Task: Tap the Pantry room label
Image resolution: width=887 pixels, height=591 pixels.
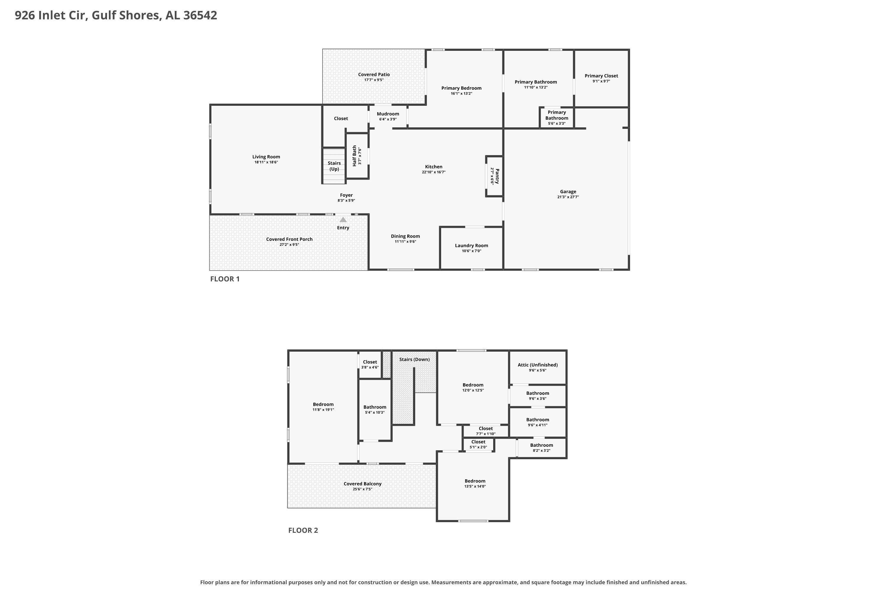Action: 497,176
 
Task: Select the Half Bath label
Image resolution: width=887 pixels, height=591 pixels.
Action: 355,156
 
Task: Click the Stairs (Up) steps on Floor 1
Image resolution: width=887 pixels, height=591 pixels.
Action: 334,166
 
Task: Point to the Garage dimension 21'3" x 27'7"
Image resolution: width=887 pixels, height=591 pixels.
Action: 568,197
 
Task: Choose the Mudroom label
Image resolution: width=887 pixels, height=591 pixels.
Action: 388,114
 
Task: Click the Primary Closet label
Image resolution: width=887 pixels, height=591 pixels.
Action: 601,76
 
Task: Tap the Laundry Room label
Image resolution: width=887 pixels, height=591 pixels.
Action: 471,245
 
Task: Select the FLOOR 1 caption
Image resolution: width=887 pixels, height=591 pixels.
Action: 225,279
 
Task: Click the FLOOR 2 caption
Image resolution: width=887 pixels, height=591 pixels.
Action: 303,530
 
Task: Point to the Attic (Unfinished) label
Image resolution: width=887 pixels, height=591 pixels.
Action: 538,365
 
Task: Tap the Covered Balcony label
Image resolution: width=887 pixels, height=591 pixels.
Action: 362,483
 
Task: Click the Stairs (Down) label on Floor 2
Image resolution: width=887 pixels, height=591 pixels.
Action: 415,359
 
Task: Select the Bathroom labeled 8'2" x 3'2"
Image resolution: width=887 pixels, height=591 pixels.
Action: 542,445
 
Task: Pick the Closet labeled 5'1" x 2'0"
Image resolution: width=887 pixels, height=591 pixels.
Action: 478,442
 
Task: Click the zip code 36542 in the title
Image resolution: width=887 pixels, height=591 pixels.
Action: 200,15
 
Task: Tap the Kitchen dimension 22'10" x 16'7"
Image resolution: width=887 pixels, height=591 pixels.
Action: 434,172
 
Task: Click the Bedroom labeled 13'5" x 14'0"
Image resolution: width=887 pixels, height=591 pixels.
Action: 475,481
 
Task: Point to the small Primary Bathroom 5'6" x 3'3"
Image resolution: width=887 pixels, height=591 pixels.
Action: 557,118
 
